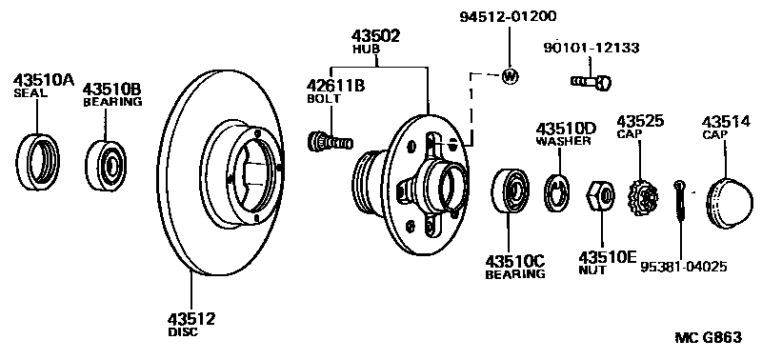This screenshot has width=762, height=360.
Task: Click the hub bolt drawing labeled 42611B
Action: coord(330,143)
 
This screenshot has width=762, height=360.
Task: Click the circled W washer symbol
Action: coord(511,76)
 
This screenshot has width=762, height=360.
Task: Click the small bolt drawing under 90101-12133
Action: coord(592,83)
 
